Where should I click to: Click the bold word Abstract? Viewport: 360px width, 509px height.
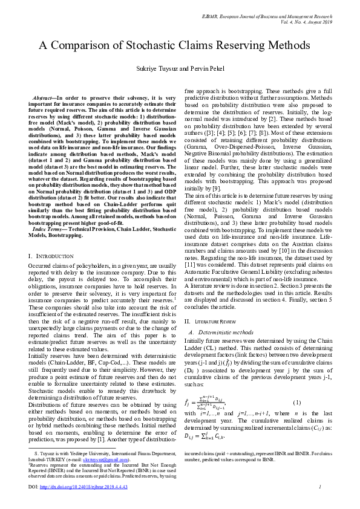click(x=43, y=97)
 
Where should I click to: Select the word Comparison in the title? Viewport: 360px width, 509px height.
click(x=79, y=46)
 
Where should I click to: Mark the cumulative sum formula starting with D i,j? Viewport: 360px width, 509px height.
click(x=208, y=435)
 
